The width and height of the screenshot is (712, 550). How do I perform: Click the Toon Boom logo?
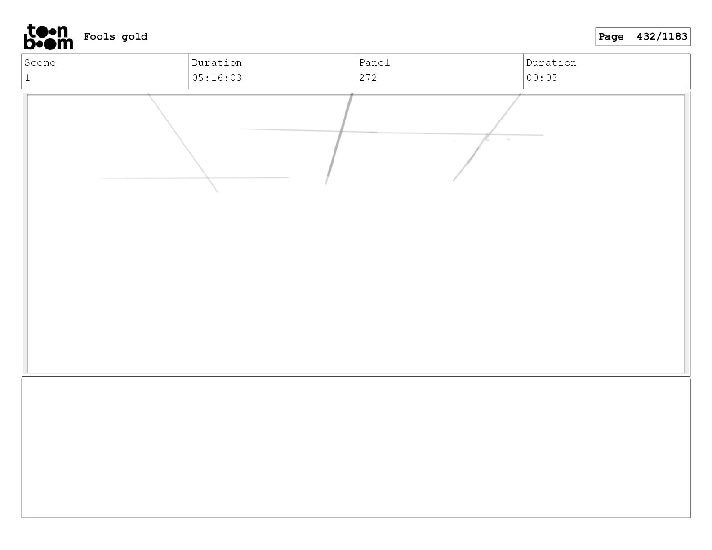(49, 37)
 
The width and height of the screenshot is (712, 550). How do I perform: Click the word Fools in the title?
(99, 36)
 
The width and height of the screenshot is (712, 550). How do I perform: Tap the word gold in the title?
(134, 37)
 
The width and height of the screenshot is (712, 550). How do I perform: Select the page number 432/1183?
(662, 36)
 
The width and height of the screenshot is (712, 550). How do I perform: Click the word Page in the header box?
(611, 37)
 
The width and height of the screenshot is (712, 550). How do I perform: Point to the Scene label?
(40, 62)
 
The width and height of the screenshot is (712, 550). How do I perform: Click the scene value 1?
(27, 78)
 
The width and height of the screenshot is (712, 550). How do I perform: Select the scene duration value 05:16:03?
(217, 78)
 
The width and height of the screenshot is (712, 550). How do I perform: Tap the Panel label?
(374, 62)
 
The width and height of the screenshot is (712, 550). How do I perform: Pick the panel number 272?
(368, 78)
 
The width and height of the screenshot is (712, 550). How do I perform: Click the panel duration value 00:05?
(541, 78)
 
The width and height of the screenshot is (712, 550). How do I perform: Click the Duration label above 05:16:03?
(217, 62)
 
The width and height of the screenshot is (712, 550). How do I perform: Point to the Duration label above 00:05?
(551, 62)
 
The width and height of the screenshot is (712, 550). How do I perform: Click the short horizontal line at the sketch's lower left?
(193, 178)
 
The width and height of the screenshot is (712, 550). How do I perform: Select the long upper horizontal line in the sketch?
(390, 132)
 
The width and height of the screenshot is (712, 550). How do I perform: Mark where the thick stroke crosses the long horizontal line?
(341, 131)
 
